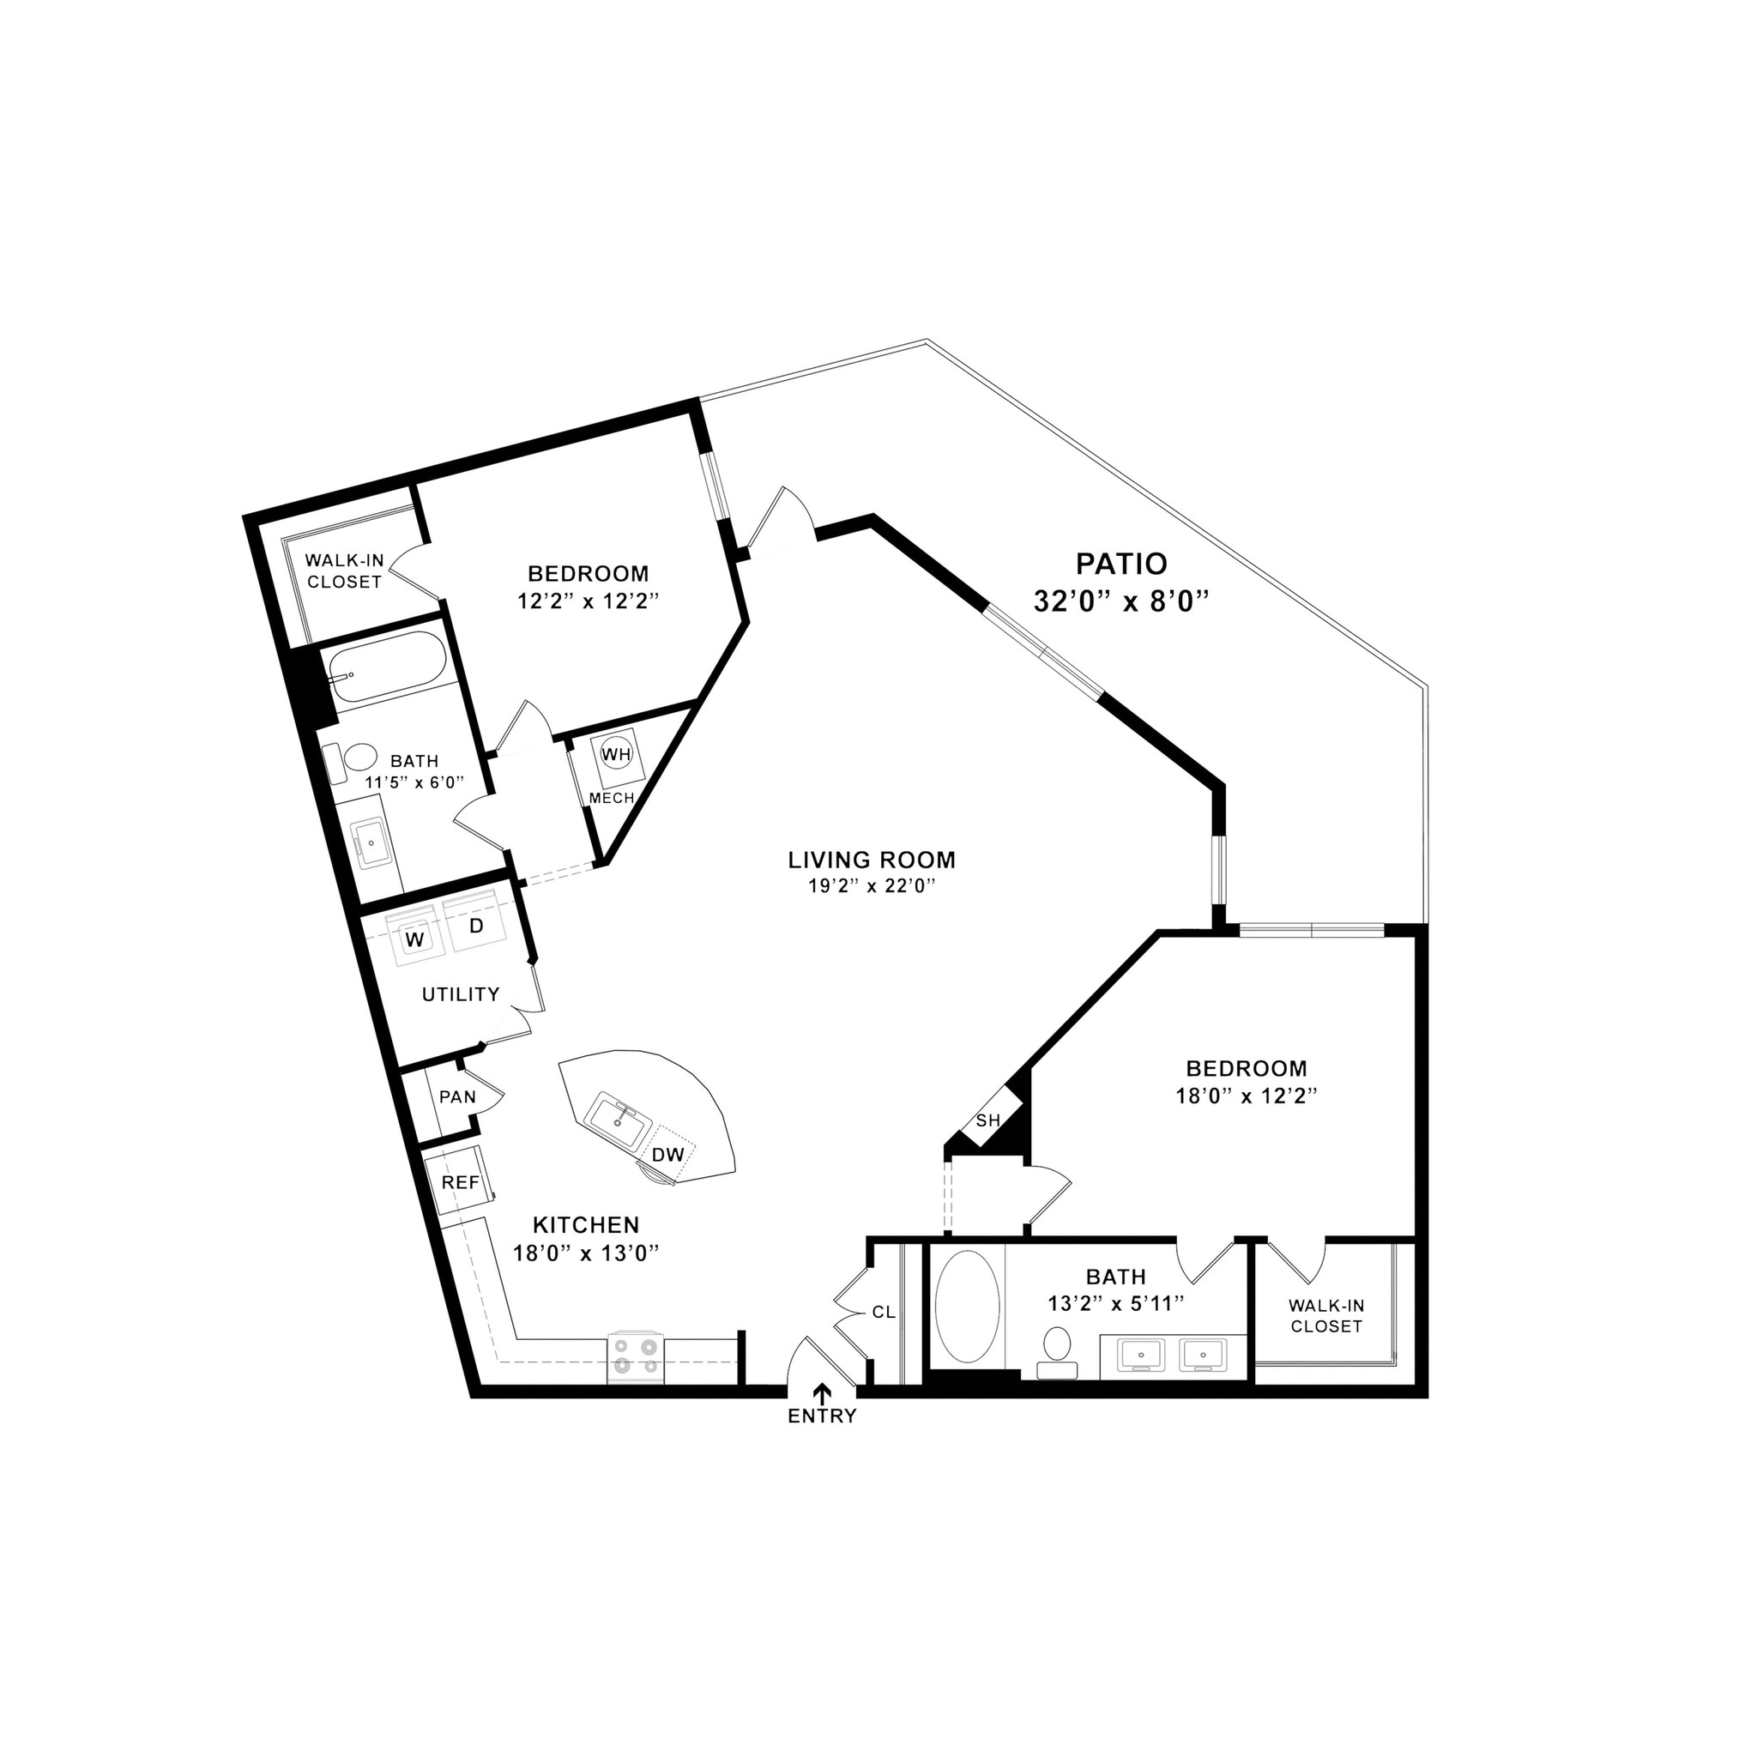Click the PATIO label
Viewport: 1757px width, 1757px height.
point(1120,564)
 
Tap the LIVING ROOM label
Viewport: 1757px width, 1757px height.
point(872,860)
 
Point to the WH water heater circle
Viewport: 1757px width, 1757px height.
point(616,754)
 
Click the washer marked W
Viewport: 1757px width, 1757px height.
point(414,939)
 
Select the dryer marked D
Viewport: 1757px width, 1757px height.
point(474,927)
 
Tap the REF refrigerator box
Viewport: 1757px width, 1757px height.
point(460,1182)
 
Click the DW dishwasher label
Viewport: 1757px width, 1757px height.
point(668,1154)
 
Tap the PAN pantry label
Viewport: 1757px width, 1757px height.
point(457,1096)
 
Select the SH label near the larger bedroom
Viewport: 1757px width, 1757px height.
point(987,1120)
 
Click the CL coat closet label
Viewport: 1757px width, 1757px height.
point(883,1313)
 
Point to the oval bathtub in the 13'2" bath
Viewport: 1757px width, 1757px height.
point(967,1306)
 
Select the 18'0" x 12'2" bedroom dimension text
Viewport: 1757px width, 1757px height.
point(1246,1096)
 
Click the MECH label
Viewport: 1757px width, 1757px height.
point(611,799)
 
